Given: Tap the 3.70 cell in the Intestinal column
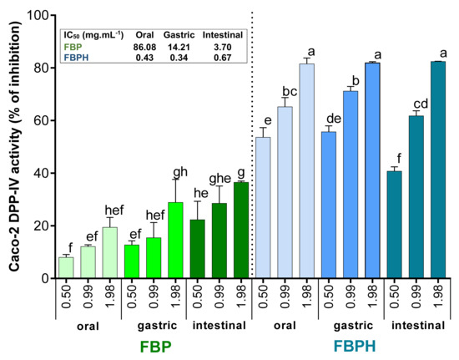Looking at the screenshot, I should pyautogui.click(x=222, y=47).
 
